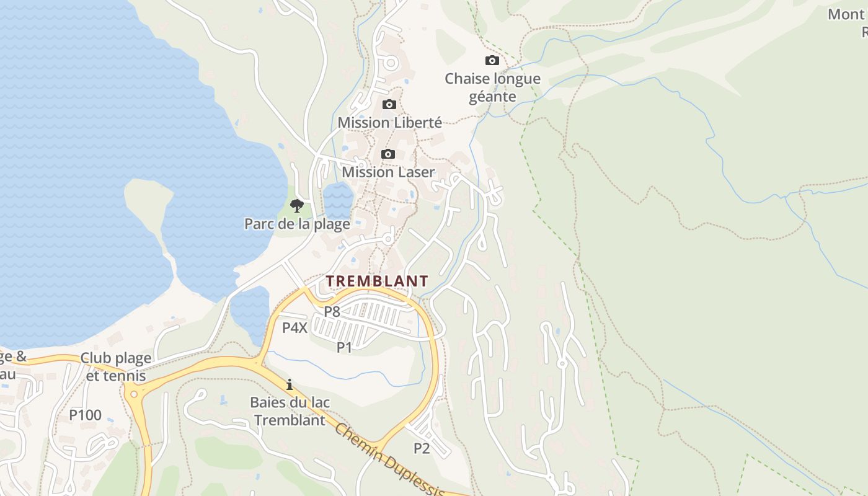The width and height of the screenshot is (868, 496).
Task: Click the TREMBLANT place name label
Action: pos(377,281)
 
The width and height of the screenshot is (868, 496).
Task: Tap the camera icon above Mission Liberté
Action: pos(389,104)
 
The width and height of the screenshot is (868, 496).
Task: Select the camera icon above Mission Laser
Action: pos(388,154)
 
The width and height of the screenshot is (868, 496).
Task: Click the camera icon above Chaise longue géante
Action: pos(492,60)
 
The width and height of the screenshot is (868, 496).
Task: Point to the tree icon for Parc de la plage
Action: pos(297,205)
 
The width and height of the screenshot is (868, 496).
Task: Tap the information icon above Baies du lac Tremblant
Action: pos(289,384)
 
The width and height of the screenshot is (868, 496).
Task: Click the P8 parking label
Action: pos(332,311)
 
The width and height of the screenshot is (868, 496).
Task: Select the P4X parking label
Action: pos(294,328)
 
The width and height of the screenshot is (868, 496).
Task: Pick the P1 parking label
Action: pos(344,347)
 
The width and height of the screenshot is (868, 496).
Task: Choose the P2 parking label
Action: pos(422,448)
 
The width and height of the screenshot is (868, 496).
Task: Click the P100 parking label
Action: pos(85,415)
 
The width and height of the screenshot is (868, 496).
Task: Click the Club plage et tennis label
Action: pos(116,367)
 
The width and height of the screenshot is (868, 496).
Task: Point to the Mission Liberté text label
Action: pos(389,123)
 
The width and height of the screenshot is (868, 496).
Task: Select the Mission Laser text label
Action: pos(388,172)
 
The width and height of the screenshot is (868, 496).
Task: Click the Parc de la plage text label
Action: pos(297,224)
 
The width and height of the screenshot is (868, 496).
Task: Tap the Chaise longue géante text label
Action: pos(492,87)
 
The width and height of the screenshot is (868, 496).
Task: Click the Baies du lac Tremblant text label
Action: pos(290,411)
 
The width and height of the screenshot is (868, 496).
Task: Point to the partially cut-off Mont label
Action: pos(847,14)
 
